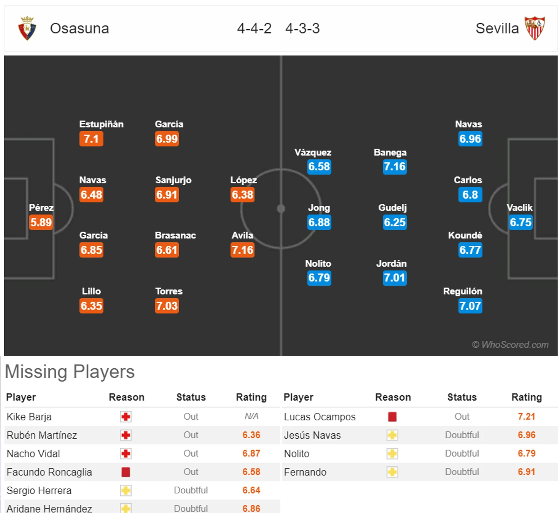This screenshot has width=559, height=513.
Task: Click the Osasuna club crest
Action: [x=27, y=28]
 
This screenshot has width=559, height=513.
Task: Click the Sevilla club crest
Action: [x=534, y=28]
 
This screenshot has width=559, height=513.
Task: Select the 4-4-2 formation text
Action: [x=254, y=28]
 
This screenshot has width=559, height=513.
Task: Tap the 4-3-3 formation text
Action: [x=302, y=28]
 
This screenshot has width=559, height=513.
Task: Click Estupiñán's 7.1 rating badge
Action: [x=91, y=139]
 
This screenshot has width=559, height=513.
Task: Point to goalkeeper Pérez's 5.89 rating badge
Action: [x=41, y=222]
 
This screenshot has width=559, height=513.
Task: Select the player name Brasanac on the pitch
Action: [x=175, y=235]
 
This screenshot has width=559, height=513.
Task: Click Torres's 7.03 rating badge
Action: [x=167, y=306]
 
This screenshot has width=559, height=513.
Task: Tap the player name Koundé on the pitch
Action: [x=465, y=235]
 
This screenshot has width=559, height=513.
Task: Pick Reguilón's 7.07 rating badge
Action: [x=470, y=306]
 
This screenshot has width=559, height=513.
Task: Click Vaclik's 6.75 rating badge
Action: [x=520, y=222]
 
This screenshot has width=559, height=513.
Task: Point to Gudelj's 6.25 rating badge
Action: [x=395, y=222]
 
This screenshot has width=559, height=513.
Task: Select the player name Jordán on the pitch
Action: [x=391, y=263]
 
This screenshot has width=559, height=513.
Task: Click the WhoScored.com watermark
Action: [x=510, y=345]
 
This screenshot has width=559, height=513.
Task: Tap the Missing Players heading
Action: [x=70, y=371]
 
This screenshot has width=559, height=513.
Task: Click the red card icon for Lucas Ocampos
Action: [x=392, y=417]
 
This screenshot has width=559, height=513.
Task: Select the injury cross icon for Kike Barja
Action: [x=126, y=417]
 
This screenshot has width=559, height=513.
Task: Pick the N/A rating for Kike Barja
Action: [x=251, y=417]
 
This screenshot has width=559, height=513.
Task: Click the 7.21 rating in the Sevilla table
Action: [x=526, y=417]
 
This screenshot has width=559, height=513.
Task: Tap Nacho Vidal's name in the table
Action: [x=33, y=454]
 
